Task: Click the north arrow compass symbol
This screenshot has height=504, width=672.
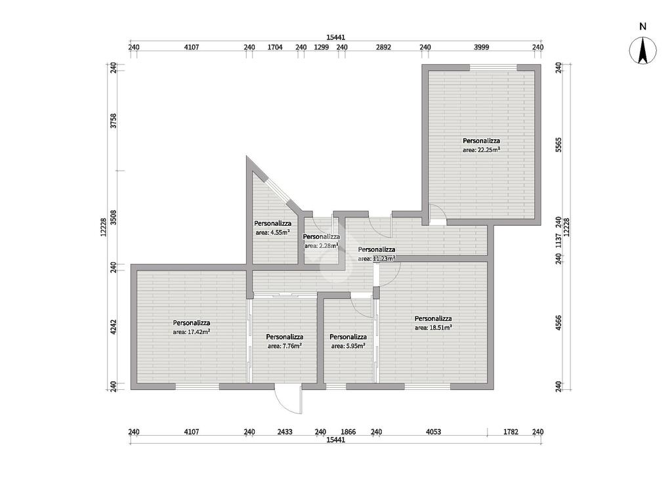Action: (x=642, y=51)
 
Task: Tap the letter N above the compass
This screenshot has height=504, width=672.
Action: (x=642, y=26)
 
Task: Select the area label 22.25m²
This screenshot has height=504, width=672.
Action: (x=481, y=150)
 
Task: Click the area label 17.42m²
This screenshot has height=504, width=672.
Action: (x=191, y=331)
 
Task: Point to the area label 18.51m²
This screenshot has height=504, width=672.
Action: (x=433, y=327)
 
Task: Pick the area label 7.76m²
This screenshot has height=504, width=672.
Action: (x=285, y=346)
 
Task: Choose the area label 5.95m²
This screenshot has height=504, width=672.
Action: (x=348, y=346)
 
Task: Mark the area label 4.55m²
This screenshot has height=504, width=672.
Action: (x=272, y=233)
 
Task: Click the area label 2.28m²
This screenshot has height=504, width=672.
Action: (x=322, y=246)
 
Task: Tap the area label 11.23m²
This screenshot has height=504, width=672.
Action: (x=377, y=259)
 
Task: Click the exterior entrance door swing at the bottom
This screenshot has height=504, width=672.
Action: (x=288, y=399)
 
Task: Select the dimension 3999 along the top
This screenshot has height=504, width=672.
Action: (x=481, y=47)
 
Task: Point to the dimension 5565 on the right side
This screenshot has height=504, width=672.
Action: (x=558, y=144)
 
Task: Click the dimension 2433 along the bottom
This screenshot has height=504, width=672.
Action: (x=285, y=432)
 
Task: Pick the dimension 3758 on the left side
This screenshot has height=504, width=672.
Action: (x=113, y=121)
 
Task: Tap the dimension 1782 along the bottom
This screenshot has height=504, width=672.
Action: (x=511, y=432)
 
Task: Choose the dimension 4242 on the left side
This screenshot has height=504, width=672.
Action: (x=113, y=327)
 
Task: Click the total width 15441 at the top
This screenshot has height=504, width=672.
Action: (x=335, y=37)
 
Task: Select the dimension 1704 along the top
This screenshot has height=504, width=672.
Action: (x=275, y=47)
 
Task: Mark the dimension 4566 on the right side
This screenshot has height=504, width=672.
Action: (x=558, y=323)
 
